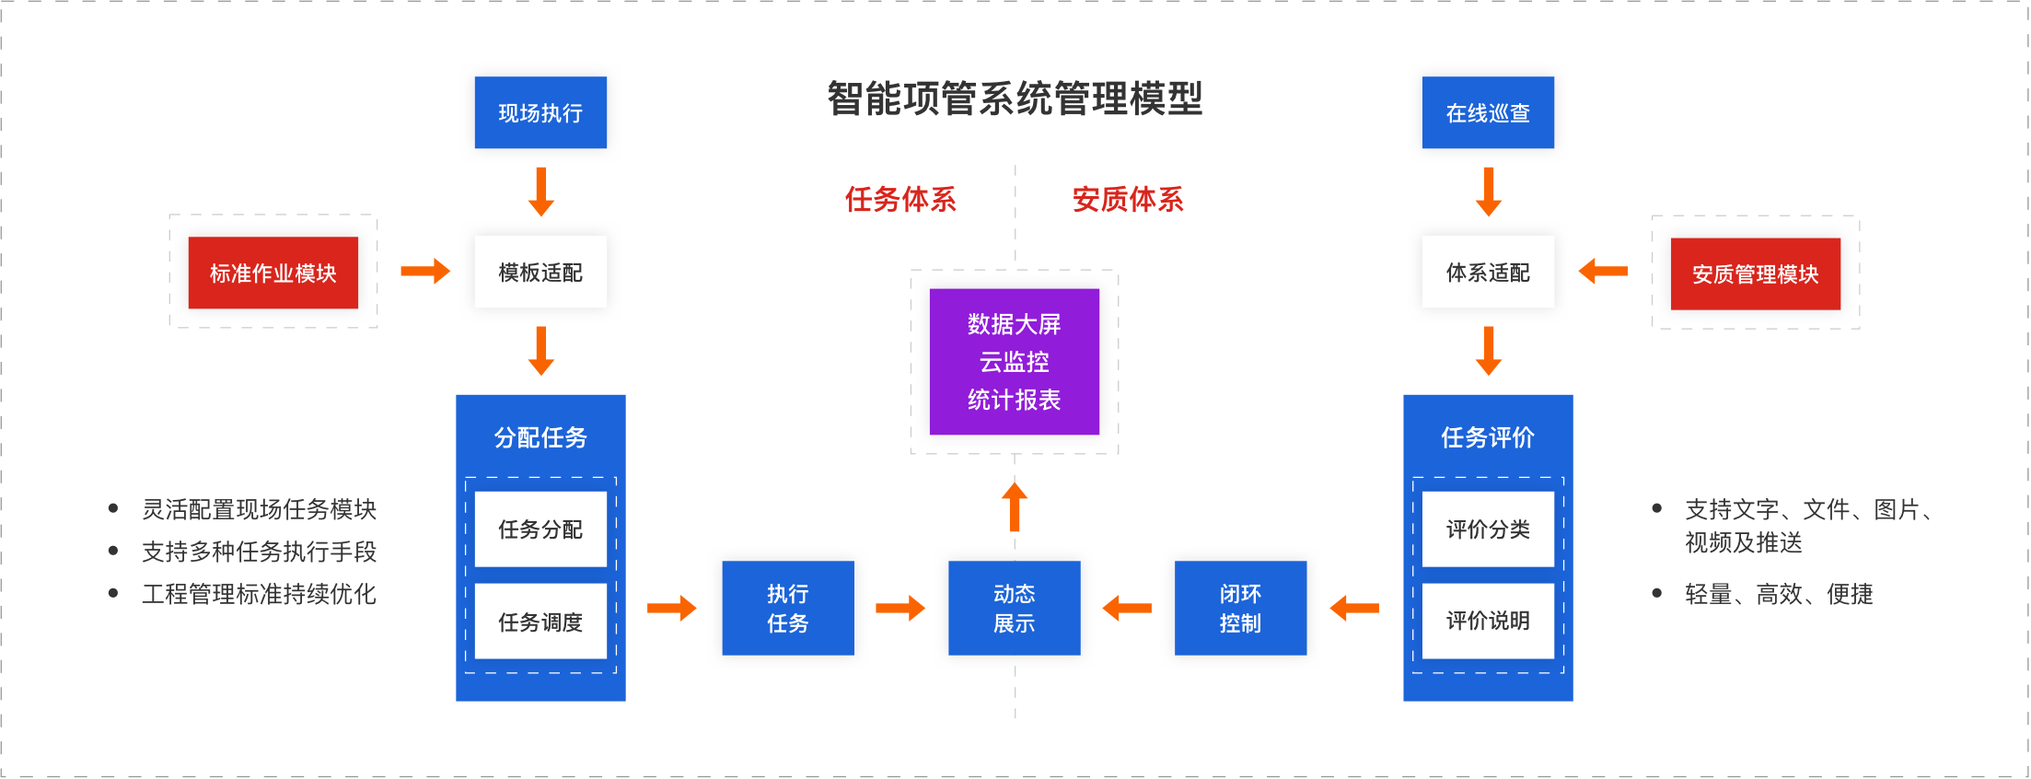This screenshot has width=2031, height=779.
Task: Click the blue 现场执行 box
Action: [540, 112]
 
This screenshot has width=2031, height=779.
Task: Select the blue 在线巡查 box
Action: [1488, 112]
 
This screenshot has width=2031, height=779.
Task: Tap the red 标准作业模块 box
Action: [273, 273]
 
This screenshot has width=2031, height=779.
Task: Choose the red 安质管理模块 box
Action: [1755, 273]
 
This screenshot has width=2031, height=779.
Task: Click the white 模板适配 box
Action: [540, 272]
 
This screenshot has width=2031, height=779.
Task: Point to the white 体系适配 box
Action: [1488, 272]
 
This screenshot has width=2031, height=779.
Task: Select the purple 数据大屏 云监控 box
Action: [1014, 361]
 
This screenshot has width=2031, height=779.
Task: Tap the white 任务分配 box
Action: [540, 529]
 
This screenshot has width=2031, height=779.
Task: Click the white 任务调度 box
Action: [540, 622]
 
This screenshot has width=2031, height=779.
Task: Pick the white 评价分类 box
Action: [1488, 529]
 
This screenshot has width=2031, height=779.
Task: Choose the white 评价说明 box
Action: [1488, 621]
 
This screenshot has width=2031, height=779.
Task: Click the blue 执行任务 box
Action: [787, 608]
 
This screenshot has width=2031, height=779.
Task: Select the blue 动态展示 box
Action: [1014, 608]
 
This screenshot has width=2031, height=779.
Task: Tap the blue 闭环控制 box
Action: [1240, 608]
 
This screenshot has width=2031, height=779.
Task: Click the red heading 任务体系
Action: [900, 199]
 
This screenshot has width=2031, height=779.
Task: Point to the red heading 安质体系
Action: [1128, 199]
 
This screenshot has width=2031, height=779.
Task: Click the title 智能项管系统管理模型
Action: [1015, 99]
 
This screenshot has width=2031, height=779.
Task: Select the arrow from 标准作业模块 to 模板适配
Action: [425, 271]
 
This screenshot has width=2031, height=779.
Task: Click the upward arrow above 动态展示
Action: [1014, 506]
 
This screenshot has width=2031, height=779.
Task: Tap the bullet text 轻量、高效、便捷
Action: [1778, 594]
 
